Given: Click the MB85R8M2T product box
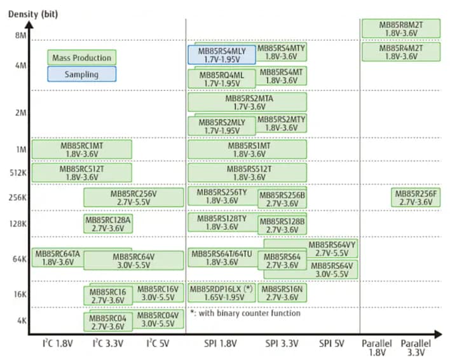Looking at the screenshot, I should pyautogui.click(x=400, y=29).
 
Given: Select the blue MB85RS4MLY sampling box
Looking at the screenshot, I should pyautogui.click(x=221, y=54).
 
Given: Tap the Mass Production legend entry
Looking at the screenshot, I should pyautogui.click(x=81, y=57).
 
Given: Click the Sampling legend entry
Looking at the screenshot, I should pyautogui.click(x=81, y=74).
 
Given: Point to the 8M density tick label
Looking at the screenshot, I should pyautogui.click(x=21, y=36).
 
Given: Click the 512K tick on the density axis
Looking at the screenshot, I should pyautogui.click(x=18, y=173).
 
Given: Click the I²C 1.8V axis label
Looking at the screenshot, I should pyautogui.click(x=57, y=343).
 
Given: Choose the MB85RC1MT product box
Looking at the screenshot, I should pyautogui.click(x=81, y=149).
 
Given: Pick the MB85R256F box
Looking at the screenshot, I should pyautogui.click(x=416, y=198).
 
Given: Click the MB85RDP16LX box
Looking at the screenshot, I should pyautogui.click(x=221, y=293).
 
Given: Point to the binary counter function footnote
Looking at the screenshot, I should pyautogui.click(x=245, y=313).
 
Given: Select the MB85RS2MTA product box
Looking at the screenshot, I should pyautogui.click(x=247, y=102).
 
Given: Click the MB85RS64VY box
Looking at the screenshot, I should pyautogui.click(x=332, y=248).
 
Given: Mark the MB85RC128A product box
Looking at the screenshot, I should pyautogui.click(x=108, y=223).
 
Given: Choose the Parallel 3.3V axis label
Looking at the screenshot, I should pyautogui.click(x=416, y=347).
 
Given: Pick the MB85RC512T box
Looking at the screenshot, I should pyautogui.click(x=81, y=173).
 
